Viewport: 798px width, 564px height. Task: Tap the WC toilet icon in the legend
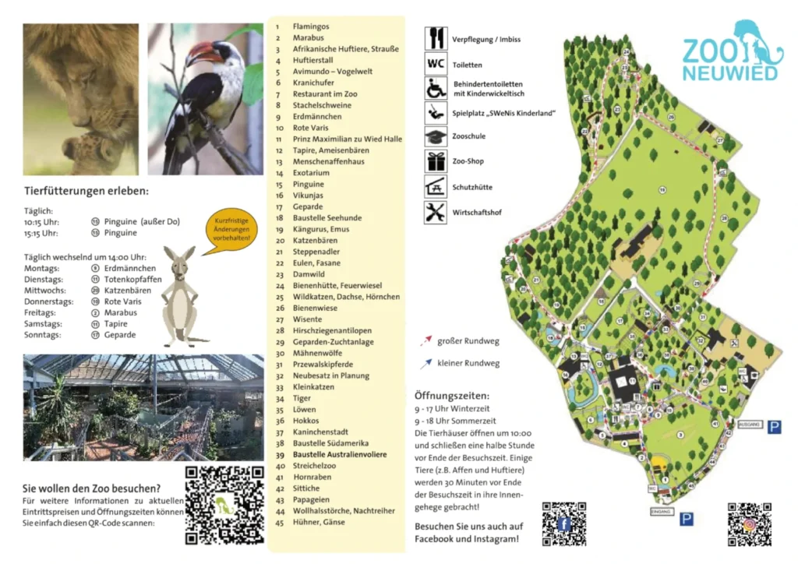436,64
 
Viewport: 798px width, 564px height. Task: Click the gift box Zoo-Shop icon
436,160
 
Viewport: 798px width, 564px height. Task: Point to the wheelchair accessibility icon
436,88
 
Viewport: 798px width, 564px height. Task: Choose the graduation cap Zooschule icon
436,136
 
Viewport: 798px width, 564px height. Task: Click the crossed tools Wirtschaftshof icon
436,211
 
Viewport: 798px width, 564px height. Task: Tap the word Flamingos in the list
310,26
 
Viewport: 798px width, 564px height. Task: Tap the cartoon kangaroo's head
178,265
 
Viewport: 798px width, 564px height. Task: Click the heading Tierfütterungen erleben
86,191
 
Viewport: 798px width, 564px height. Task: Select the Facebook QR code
563,523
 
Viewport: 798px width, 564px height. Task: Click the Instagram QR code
749,523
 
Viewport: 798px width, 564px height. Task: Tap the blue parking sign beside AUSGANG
774,427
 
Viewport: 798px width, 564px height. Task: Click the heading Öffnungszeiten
452,395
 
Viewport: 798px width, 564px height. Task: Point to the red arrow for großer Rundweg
425,340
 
